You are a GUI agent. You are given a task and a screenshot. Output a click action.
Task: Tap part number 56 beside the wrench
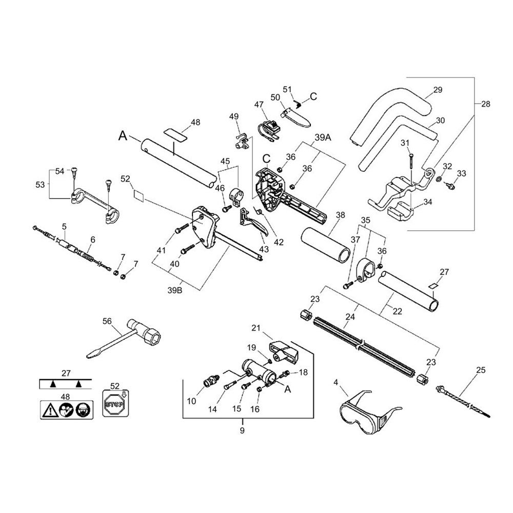click(107, 321)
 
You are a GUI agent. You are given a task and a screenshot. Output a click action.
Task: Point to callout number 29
click(437, 90)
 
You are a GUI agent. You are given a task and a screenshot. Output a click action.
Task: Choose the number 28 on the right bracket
click(486, 104)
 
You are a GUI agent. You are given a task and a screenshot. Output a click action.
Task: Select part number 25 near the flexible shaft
click(481, 370)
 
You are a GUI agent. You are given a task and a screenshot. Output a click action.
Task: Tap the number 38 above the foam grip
click(339, 216)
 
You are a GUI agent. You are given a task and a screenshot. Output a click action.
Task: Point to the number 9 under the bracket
click(243, 430)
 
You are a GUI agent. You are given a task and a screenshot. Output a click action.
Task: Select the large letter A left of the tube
click(122, 135)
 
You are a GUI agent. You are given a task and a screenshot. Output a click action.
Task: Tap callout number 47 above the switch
click(259, 104)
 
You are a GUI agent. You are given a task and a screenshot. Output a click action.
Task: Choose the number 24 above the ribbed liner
click(350, 318)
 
